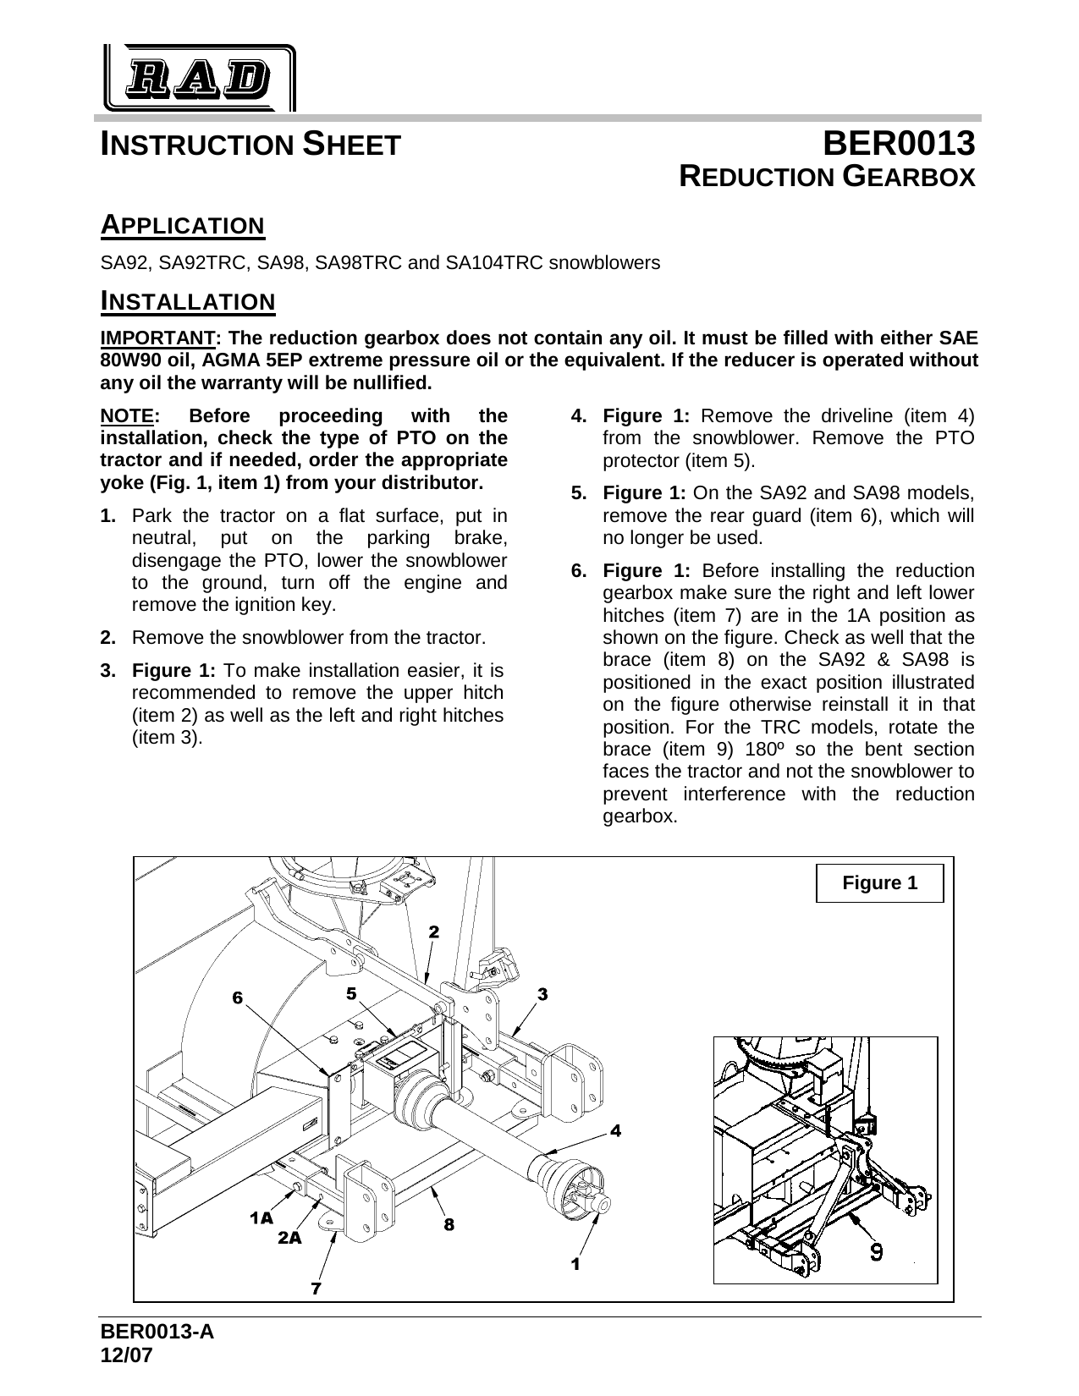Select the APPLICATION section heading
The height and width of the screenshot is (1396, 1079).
(183, 226)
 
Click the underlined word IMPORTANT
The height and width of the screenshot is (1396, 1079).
(158, 338)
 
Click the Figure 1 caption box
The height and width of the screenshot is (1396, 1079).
(879, 883)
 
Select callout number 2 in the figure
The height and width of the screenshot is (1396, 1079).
(433, 932)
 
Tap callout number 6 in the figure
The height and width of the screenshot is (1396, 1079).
(238, 998)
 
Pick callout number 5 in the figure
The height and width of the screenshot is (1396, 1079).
(350, 991)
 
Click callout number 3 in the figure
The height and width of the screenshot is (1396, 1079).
(542, 994)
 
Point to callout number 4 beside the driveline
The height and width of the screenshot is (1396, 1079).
(616, 1130)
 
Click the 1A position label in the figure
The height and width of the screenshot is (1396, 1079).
(261, 1218)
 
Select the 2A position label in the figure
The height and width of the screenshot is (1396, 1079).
(289, 1238)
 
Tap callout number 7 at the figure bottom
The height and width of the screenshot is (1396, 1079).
(315, 1289)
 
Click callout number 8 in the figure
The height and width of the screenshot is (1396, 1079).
(449, 1223)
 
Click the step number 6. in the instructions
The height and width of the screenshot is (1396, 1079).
(579, 570)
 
